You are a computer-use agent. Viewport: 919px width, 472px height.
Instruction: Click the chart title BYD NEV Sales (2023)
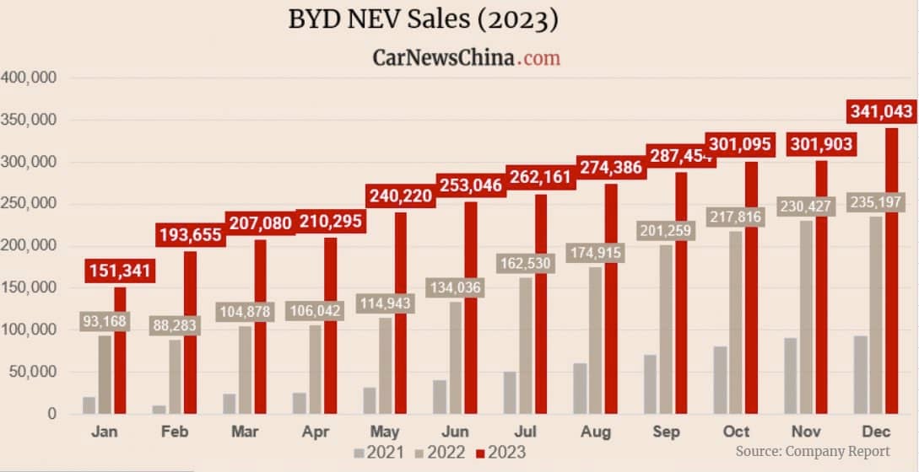pos(423,19)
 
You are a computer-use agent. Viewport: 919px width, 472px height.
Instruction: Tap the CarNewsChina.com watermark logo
pos(466,57)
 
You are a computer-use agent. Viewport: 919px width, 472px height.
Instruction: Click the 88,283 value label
pos(174,324)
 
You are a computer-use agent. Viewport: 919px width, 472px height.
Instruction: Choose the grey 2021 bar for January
pos(89,405)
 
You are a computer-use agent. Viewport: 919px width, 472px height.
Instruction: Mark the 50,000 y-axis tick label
pos(31,372)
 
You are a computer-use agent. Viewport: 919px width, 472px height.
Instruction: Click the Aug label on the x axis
pos(595,431)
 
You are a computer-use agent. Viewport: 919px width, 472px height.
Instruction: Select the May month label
pos(385,431)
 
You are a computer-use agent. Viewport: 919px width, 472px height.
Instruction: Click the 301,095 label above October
pos(738,144)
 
